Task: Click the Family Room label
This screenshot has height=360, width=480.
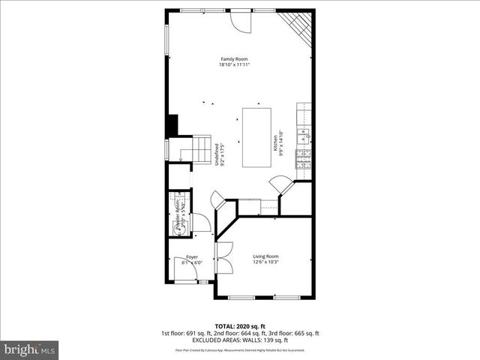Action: [x=233, y=58]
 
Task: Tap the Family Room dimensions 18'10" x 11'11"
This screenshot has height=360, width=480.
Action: [x=233, y=64]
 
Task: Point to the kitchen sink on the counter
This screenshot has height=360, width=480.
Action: [x=304, y=135]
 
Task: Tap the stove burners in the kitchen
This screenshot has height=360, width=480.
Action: [x=304, y=158]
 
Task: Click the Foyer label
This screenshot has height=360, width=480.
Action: [x=192, y=257]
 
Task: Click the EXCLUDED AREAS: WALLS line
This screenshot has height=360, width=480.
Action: [x=239, y=340]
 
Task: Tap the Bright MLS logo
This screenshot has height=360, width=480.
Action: [x=30, y=349]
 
